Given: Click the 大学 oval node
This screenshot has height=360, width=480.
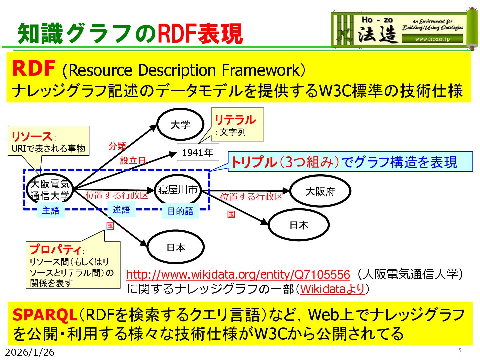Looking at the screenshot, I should click(180, 125).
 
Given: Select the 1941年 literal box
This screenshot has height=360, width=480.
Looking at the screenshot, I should click(198, 153).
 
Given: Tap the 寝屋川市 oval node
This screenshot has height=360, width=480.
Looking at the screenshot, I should click(178, 190).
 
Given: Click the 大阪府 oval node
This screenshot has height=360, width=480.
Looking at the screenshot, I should click(320, 191).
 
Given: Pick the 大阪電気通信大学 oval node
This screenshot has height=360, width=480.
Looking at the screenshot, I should click(50, 189).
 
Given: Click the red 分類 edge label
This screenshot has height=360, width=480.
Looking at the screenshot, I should click(117, 146).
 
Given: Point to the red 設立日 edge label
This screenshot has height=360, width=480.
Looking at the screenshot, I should click(133, 161).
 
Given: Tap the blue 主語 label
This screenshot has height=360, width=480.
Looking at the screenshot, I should click(51, 211).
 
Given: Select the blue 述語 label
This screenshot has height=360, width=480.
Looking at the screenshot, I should click(121, 210).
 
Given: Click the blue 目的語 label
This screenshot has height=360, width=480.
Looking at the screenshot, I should click(180, 211).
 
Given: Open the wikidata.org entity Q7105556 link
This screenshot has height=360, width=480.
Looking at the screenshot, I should click(238, 274).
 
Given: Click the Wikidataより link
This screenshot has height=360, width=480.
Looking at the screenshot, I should click(332, 289).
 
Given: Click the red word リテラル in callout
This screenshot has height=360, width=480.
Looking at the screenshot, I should click(235, 120).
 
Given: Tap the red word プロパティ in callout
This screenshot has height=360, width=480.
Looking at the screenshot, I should click(55, 249).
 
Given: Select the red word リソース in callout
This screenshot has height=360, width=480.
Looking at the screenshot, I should click(32, 136).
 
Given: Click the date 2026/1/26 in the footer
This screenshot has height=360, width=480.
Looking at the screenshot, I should click(30, 352).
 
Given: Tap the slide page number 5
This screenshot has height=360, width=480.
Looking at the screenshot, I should click(460, 350).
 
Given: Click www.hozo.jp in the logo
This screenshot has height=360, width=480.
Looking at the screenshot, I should click(432, 39).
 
